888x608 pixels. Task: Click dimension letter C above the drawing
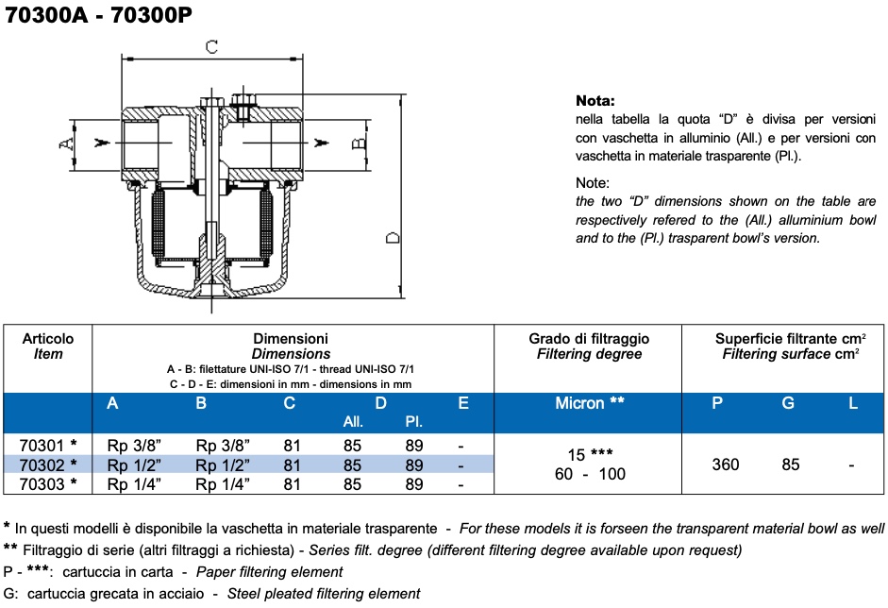point(212,46)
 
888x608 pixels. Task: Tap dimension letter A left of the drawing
point(65,143)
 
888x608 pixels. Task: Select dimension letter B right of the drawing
point(359,144)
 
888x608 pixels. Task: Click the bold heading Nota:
point(595,100)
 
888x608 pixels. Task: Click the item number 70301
point(43,446)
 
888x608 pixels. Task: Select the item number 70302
point(43,465)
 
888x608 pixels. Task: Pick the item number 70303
point(43,484)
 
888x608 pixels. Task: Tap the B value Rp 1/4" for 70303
point(223,484)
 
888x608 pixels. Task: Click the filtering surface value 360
point(726,464)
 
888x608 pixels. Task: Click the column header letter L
point(853,403)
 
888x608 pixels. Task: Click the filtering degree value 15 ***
point(590,454)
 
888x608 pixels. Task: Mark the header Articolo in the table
point(48,338)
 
